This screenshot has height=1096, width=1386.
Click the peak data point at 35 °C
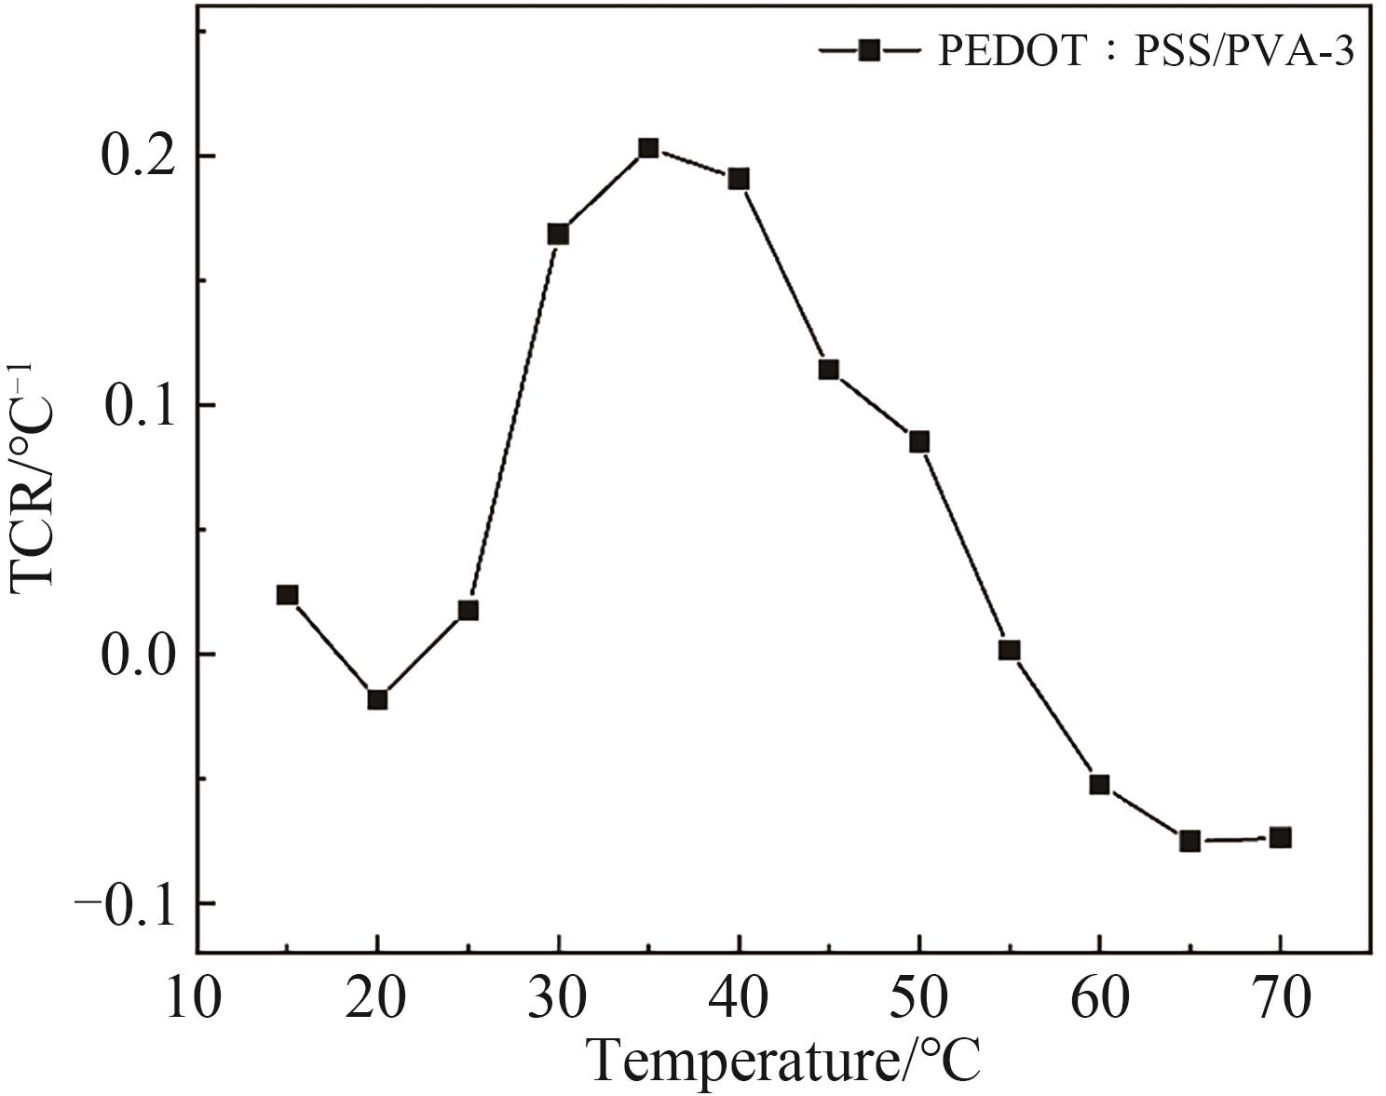[x=648, y=148]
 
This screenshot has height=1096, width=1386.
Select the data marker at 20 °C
[x=377, y=699]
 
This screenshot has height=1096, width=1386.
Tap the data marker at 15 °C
[x=287, y=595]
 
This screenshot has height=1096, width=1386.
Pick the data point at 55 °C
[x=1009, y=650]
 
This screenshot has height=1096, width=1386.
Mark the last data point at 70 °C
[x=1280, y=837]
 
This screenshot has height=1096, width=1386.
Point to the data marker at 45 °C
[x=828, y=370]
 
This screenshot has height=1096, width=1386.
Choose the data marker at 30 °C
[x=558, y=234]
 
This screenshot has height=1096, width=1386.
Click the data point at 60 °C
[x=1099, y=784]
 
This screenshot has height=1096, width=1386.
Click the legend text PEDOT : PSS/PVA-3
[x=1145, y=51]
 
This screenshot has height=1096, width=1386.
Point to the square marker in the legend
[x=868, y=50]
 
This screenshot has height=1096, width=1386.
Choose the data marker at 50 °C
[x=918, y=441]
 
